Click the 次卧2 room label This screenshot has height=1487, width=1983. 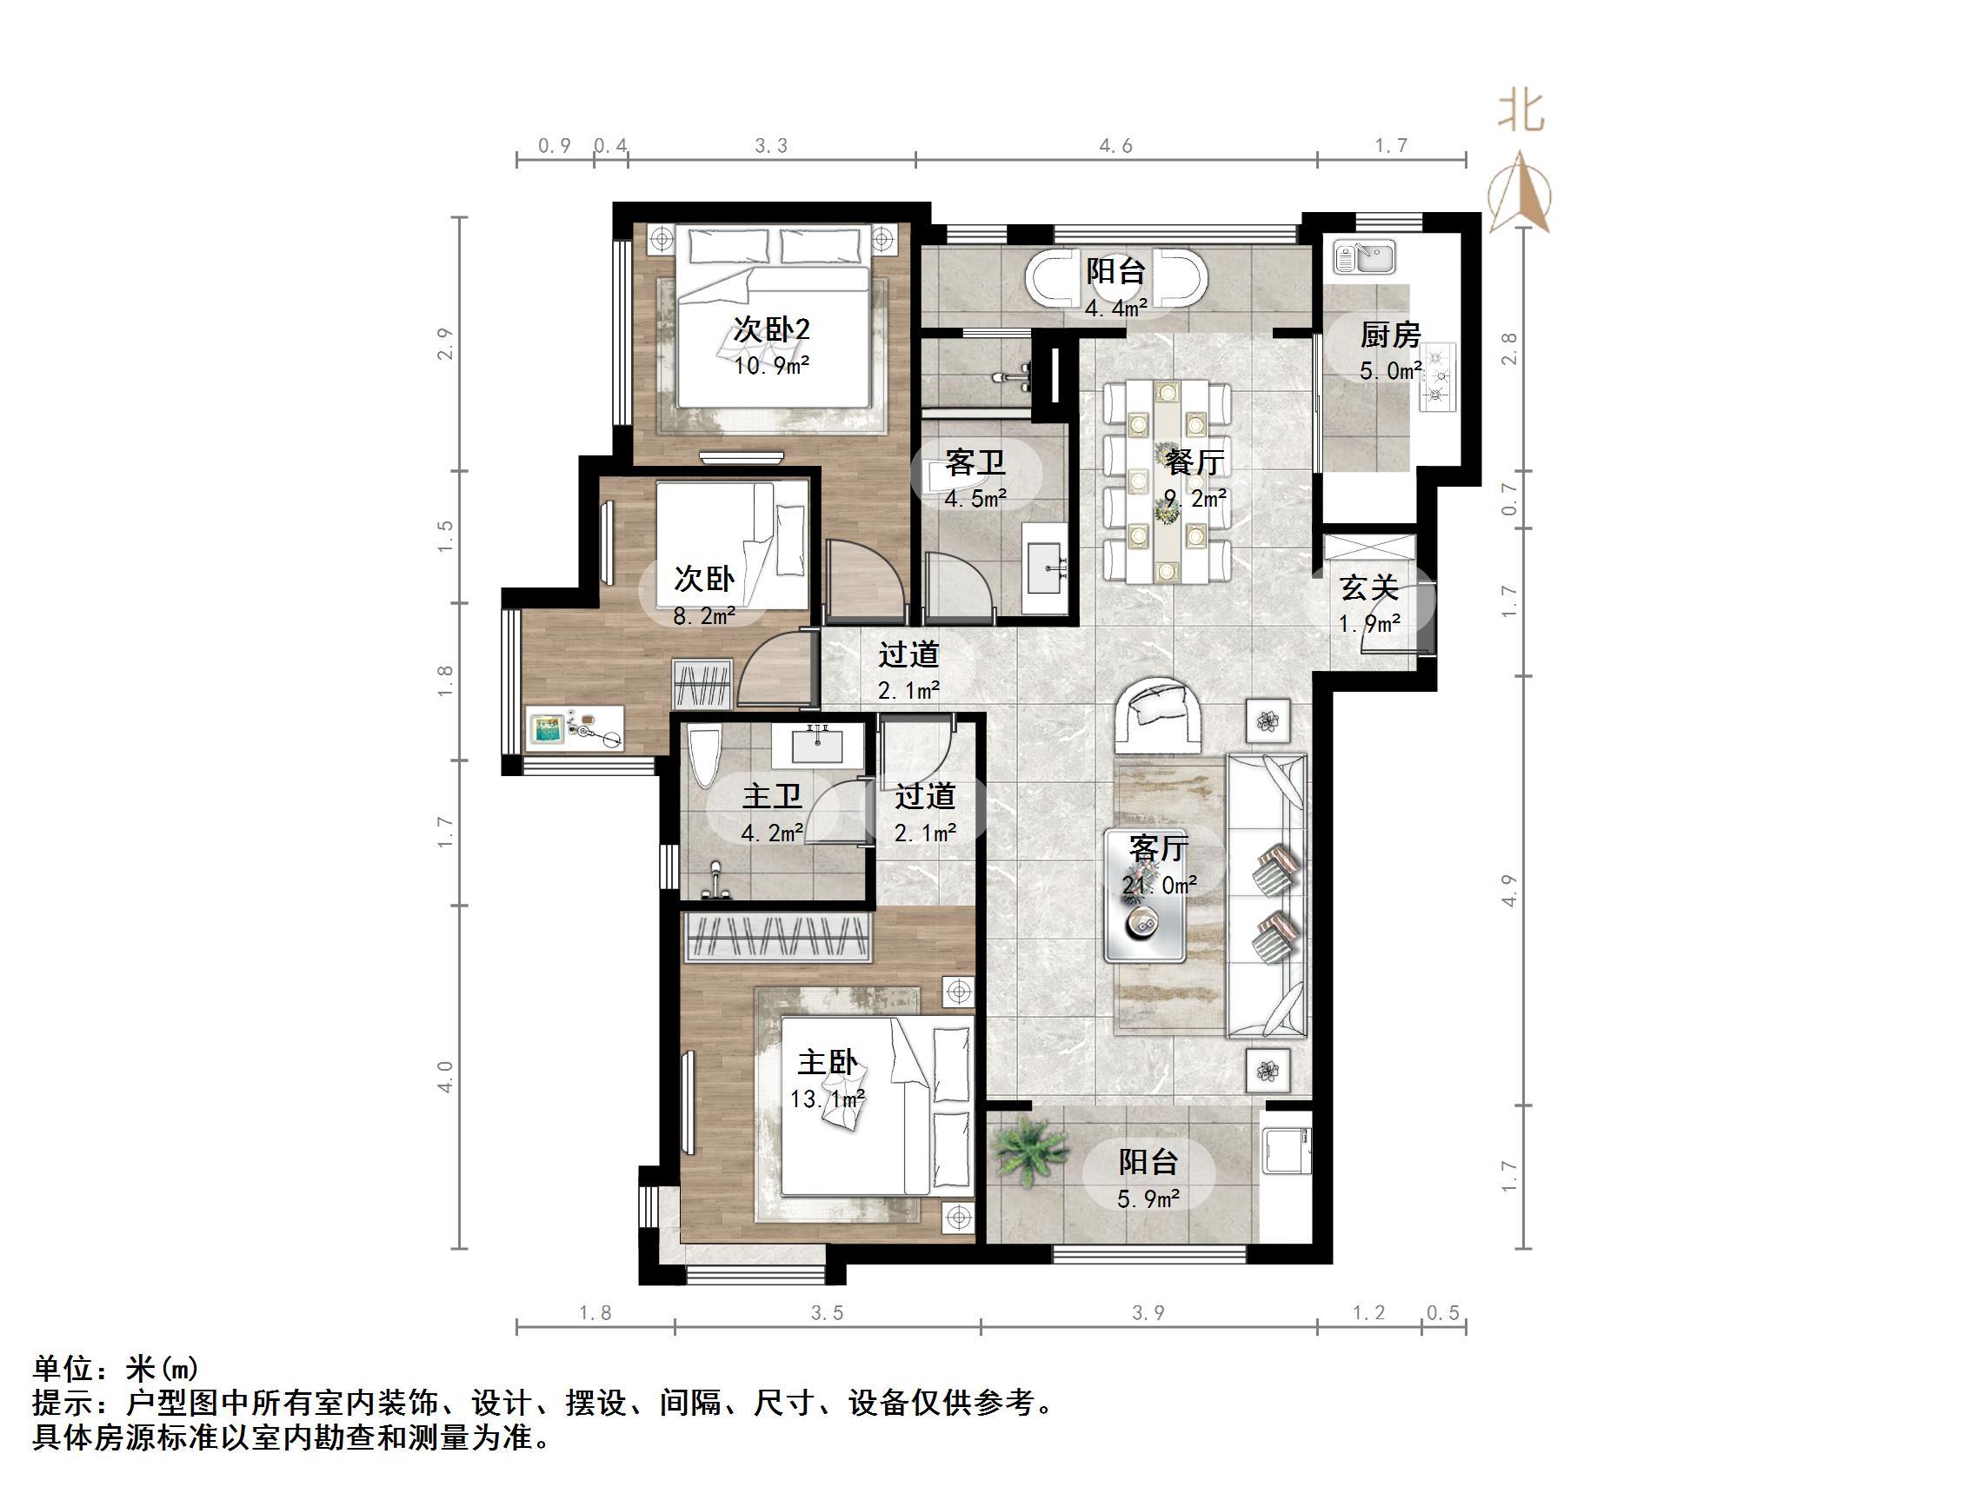point(771,330)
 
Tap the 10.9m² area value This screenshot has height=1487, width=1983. point(771,366)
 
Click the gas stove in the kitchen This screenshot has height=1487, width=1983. point(1438,376)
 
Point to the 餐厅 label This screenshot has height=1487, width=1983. point(1194,462)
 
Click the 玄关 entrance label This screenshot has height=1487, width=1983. point(1369,589)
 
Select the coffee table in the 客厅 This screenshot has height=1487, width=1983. point(1146,896)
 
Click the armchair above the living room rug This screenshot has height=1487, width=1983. point(1157,715)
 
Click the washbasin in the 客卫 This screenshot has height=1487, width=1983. point(1045,567)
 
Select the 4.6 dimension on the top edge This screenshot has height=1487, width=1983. point(1116,145)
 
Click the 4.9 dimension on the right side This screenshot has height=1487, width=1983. point(1510,890)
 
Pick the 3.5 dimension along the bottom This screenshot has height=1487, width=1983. point(827,1313)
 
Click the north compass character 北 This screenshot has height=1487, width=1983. point(1521,113)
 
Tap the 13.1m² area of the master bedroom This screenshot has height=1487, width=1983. point(827,1098)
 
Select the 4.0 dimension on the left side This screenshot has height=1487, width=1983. point(446,1076)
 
